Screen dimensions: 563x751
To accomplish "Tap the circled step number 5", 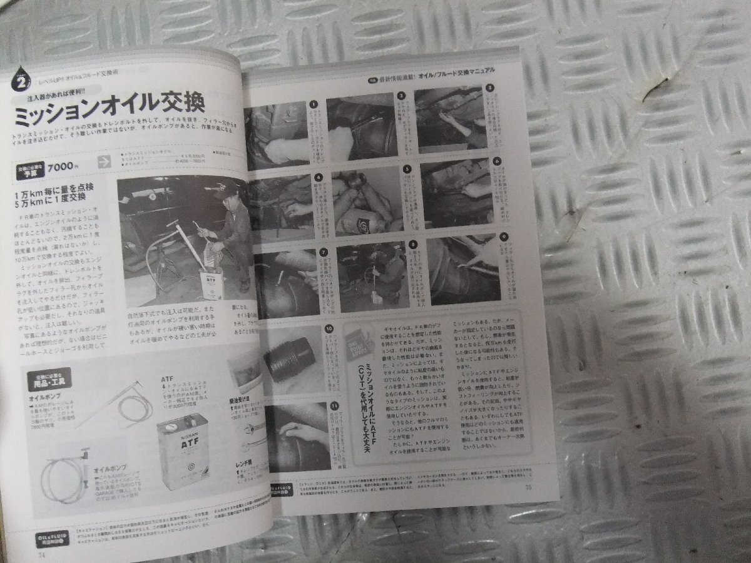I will point(407,168).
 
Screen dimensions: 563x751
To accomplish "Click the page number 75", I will point(529,488).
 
